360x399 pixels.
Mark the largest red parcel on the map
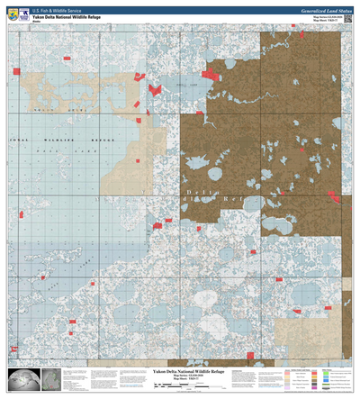[x=212, y=73]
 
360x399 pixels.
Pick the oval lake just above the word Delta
[x=215, y=174]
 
